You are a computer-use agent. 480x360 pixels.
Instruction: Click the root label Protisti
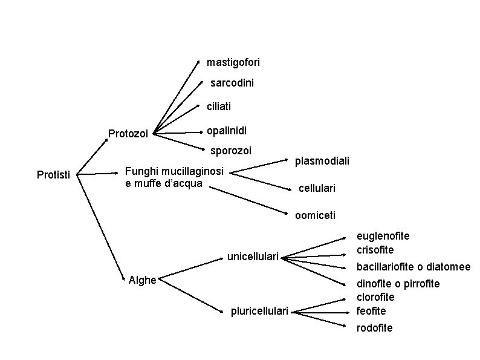pos(53,175)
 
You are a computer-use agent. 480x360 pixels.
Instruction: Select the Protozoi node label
pos(128,134)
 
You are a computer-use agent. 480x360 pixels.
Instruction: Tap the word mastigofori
pos(233,62)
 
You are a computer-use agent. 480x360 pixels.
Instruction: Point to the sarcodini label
pos(232,83)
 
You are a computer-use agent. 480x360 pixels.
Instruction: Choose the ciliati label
pos(219,106)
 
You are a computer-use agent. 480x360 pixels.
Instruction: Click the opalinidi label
pos(226,131)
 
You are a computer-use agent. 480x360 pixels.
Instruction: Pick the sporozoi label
pos(230,150)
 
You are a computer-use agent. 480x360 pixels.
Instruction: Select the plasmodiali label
pos(322,161)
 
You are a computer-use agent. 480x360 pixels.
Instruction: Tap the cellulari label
pos(317,189)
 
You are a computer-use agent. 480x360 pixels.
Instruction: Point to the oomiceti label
pos(315,215)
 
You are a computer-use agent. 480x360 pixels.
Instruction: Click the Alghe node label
pos(143,280)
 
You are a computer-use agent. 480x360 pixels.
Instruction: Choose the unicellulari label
pos(253,257)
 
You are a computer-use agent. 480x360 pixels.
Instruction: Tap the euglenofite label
pos(383,236)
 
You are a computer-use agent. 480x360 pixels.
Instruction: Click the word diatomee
pos(448,267)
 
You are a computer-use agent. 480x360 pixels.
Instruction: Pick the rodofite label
pos(374,328)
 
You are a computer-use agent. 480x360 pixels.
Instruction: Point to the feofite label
pos(371,311)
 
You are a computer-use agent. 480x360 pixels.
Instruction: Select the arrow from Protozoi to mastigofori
pos(177,97)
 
